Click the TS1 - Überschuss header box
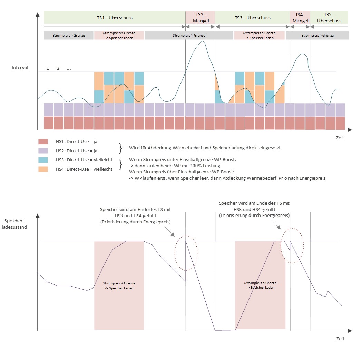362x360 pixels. pos(114,18)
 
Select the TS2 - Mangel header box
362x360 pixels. pos(200,18)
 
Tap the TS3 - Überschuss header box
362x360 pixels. pos(252,18)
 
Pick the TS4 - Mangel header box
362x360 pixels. pos(300,18)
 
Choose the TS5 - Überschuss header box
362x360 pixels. pos(329,18)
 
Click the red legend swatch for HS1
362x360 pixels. pos(43,142)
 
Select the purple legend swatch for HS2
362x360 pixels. pos(43,151)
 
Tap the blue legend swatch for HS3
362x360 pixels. pos(43,160)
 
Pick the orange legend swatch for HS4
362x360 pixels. pos(43,169)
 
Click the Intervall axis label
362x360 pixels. pos(21,68)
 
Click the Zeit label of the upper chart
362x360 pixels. pos(340,138)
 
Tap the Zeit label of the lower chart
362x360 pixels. pos(340,339)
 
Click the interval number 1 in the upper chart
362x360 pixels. pos(48,68)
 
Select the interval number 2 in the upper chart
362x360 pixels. pos(58,68)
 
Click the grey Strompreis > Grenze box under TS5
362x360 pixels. pos(317,35)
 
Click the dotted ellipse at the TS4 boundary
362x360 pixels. pos(293,246)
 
